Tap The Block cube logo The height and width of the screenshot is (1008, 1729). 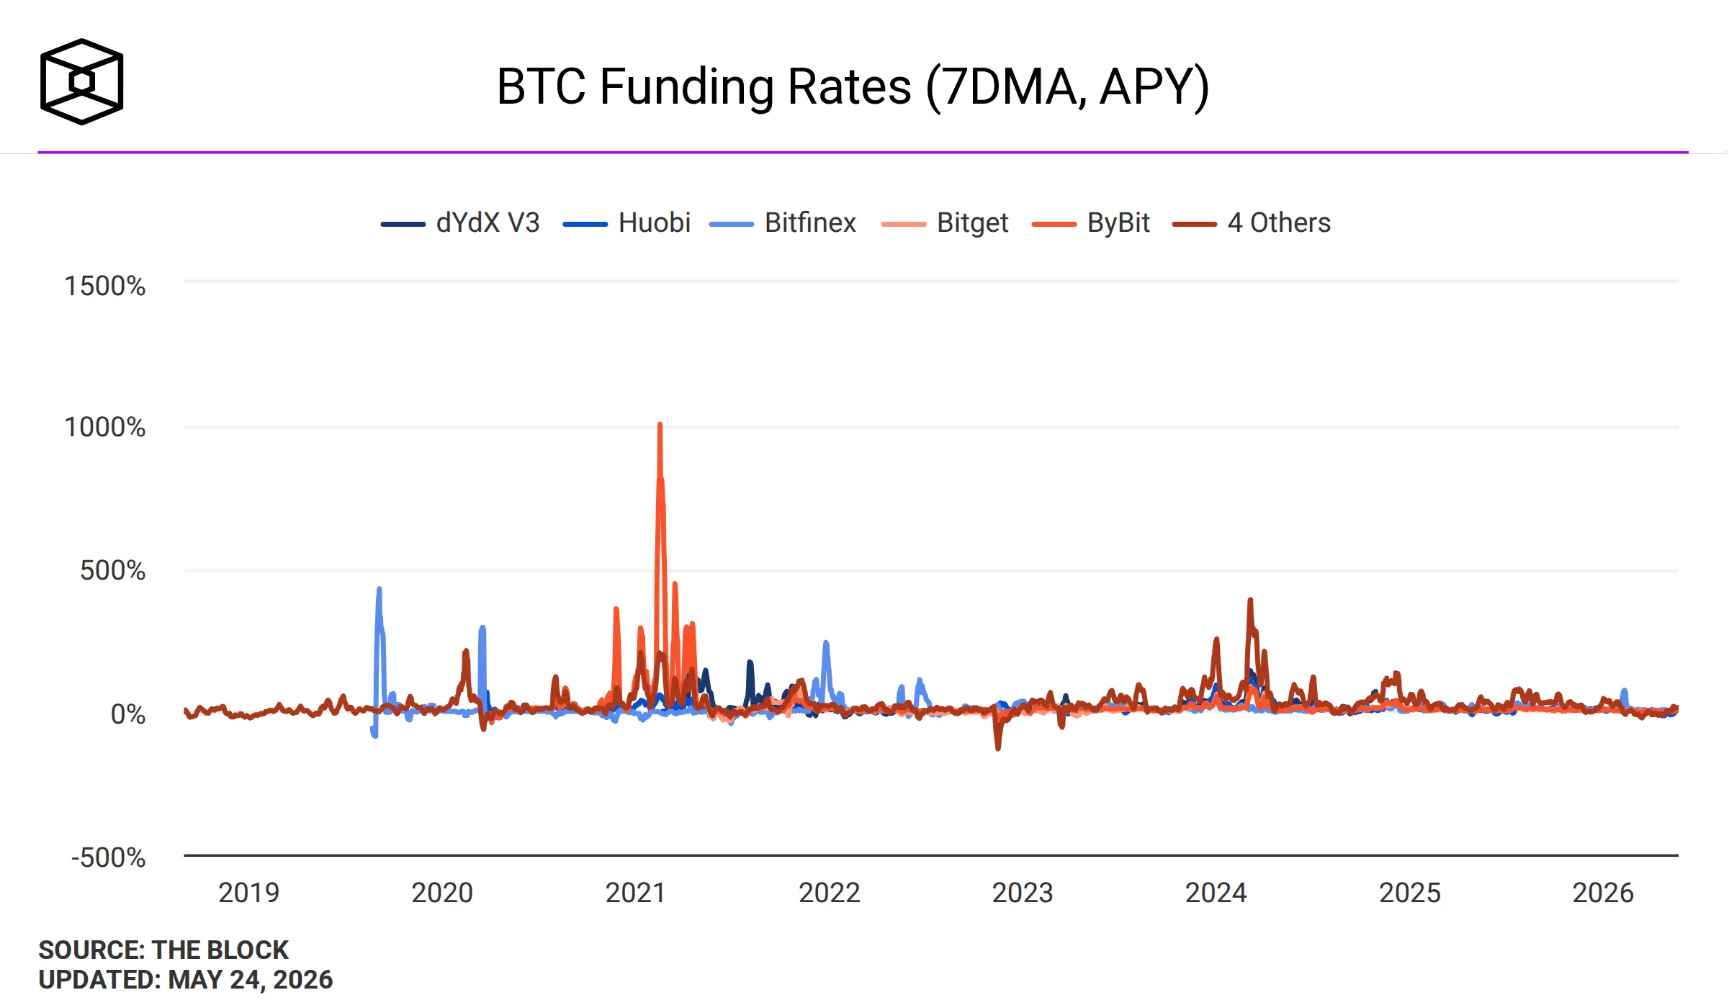pyautogui.click(x=82, y=81)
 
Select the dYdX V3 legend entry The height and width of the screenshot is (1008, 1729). pyautogui.click(x=460, y=223)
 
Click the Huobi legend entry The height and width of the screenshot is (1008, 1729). pyautogui.click(x=627, y=223)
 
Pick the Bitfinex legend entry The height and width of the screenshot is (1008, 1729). pyautogui.click(x=783, y=223)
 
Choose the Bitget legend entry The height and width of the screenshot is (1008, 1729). pyautogui.click(x=945, y=223)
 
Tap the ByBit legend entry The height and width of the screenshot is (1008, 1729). pyautogui.click(x=1090, y=223)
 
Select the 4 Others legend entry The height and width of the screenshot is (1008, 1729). pyautogui.click(x=1252, y=223)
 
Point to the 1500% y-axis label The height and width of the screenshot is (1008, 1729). pyautogui.click(x=105, y=286)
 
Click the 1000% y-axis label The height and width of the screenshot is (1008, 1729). pyautogui.click(x=105, y=427)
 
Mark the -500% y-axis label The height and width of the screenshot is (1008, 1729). pyautogui.click(x=109, y=858)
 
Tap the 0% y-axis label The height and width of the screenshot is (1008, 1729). pyautogui.click(x=128, y=714)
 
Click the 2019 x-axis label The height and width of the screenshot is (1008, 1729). pyautogui.click(x=248, y=893)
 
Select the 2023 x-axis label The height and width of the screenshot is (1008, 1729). pyautogui.click(x=1023, y=893)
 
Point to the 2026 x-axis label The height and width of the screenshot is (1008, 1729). pyautogui.click(x=1603, y=893)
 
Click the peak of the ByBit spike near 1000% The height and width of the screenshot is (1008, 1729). pyautogui.click(x=660, y=424)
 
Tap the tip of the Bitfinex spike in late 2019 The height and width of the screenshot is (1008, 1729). pyautogui.click(x=379, y=589)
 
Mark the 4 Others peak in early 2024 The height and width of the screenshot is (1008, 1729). pyautogui.click(x=1250, y=600)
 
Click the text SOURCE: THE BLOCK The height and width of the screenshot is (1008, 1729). pyautogui.click(x=163, y=950)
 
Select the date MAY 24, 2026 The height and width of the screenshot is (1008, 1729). pyautogui.click(x=251, y=980)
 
